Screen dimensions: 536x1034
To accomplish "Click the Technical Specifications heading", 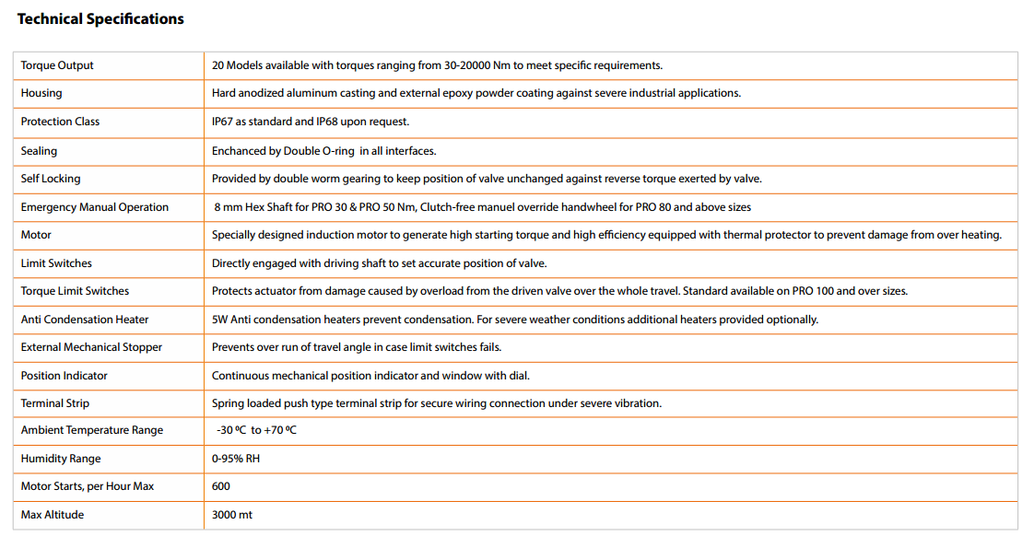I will tap(100, 18).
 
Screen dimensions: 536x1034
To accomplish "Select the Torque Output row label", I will tap(57, 65).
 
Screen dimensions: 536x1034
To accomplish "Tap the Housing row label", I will tap(41, 93).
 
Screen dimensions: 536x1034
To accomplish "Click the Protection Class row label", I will tap(60, 122).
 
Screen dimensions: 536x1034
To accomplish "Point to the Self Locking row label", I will tap(51, 179).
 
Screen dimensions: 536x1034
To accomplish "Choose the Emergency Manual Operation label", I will tap(95, 207).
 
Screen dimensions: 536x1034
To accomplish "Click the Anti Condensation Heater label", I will tap(85, 320).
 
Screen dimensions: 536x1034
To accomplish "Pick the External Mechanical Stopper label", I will tap(91, 347).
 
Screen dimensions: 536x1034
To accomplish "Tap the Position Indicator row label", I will tap(64, 376).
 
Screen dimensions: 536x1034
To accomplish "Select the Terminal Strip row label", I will tap(55, 403).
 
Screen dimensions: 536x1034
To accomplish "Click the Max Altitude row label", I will tap(53, 515).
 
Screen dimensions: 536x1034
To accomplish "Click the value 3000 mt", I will tap(231, 515).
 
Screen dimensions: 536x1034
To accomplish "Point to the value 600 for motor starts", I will tap(221, 486).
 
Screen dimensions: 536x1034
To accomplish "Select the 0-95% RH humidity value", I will tap(236, 459).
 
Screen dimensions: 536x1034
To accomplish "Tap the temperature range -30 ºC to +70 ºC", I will tap(256, 430).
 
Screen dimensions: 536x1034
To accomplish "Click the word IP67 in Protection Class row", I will tap(222, 122).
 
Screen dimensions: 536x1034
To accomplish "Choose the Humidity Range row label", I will tap(61, 459).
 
